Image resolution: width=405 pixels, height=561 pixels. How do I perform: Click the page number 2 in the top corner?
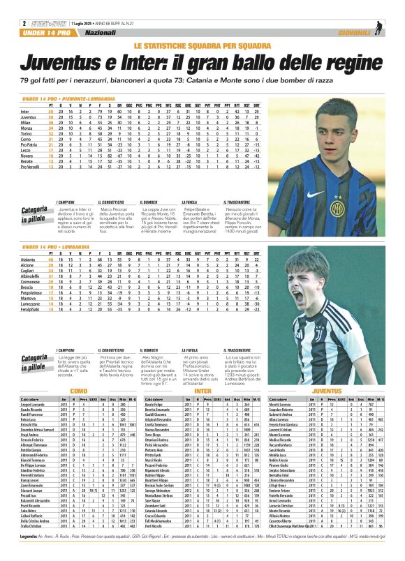(x=24, y=23)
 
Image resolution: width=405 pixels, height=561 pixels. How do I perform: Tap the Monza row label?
(x=26, y=128)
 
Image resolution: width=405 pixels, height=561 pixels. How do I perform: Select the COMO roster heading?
(x=78, y=391)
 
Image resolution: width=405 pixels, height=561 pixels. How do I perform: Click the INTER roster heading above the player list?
(x=203, y=391)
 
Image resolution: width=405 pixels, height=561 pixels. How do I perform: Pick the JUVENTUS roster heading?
(x=327, y=391)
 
